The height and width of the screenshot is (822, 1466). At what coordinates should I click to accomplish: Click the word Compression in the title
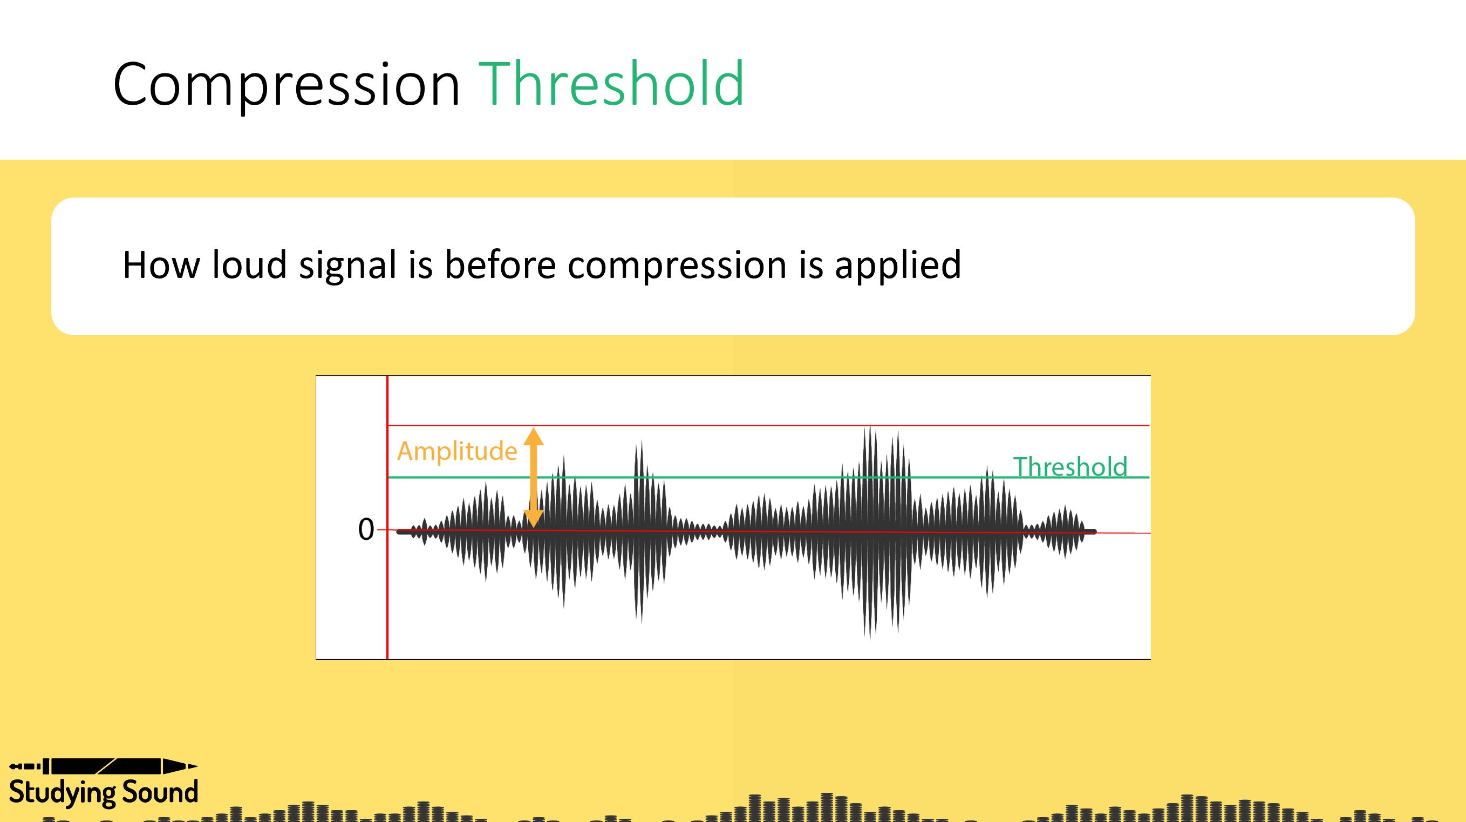(x=287, y=84)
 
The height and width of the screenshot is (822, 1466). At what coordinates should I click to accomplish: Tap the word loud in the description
(x=249, y=264)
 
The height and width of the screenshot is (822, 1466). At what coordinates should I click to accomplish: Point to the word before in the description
(x=500, y=264)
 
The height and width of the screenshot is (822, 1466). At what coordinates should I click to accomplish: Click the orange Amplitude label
(x=456, y=451)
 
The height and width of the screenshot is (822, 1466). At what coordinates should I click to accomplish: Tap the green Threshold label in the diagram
(x=1070, y=467)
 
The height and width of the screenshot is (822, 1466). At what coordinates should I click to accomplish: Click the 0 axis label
(x=366, y=530)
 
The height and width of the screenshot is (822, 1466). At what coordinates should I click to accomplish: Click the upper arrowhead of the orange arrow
(x=533, y=437)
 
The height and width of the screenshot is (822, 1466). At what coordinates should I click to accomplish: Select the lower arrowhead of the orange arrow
(x=533, y=518)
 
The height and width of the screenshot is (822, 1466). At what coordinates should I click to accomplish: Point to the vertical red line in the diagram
(x=387, y=597)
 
